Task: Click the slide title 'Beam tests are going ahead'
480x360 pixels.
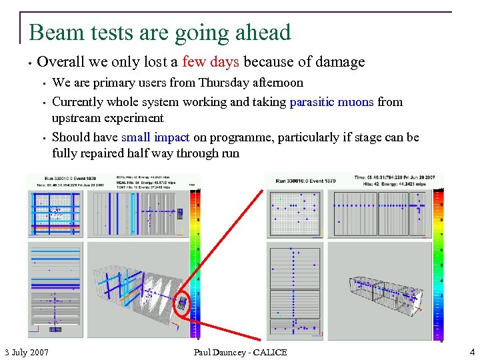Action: pos(160,32)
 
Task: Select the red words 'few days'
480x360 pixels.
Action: pos(219,62)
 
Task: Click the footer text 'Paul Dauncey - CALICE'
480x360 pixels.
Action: pos(240,351)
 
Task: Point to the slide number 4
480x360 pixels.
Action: pos(472,351)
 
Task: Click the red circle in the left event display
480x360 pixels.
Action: pos(181,304)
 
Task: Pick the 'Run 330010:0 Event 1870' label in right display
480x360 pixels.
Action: pos(309,180)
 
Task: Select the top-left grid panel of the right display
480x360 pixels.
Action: pos(295,214)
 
